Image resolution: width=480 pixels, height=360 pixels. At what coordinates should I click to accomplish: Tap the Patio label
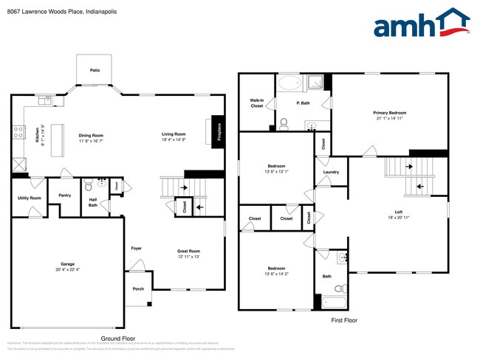tap(95, 71)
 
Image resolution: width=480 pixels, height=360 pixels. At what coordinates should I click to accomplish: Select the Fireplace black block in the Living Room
tap(218, 131)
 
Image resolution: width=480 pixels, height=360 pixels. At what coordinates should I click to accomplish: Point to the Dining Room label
tap(91, 135)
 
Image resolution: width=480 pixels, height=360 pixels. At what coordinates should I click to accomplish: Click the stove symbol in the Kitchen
tap(17, 133)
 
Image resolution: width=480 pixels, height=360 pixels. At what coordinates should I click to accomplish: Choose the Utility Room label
tap(30, 198)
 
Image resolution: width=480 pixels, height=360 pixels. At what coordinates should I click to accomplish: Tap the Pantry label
tap(65, 195)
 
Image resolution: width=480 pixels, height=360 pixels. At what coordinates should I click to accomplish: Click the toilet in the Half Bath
tap(88, 185)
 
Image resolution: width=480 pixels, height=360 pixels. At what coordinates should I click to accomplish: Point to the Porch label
tap(138, 288)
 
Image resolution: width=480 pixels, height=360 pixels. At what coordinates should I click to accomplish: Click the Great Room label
tap(189, 251)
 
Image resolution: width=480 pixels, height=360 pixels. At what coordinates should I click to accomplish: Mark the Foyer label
tap(137, 248)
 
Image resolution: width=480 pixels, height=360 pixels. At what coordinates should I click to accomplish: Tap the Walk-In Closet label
tap(256, 103)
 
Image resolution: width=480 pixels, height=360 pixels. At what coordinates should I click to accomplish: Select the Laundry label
tap(331, 172)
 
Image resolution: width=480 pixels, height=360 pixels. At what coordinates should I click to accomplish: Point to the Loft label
tap(398, 213)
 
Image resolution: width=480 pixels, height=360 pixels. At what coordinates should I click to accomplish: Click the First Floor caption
tap(343, 321)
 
